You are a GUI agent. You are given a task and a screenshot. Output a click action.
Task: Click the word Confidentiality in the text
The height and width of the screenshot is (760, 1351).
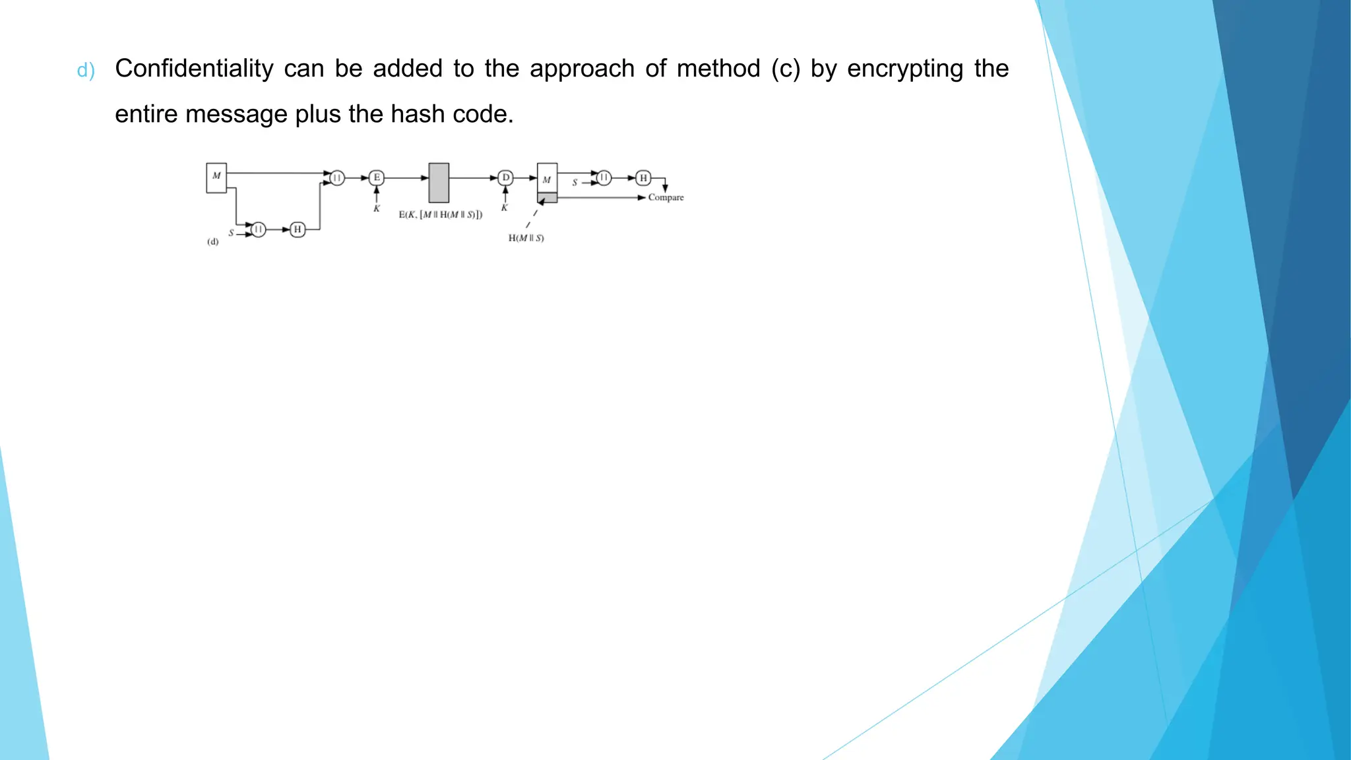click(194, 69)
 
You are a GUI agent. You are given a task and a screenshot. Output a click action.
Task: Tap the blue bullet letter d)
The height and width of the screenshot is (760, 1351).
click(86, 71)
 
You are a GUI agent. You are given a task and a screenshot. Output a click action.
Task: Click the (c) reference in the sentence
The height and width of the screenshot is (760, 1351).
click(786, 69)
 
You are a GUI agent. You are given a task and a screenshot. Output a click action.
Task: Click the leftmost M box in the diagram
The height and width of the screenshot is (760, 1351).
click(216, 177)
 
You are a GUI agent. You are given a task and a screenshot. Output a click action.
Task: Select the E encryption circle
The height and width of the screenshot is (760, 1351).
click(377, 177)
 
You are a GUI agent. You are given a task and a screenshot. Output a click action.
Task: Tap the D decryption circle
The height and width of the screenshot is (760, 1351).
click(506, 177)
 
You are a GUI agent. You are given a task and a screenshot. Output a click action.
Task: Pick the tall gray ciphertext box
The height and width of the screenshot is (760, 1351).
click(439, 183)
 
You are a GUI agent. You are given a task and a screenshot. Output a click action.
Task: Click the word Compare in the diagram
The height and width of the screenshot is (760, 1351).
click(666, 197)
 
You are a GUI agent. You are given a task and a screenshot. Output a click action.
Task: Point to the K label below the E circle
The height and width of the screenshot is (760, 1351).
click(377, 208)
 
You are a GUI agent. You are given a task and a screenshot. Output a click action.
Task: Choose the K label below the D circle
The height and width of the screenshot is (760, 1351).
click(505, 208)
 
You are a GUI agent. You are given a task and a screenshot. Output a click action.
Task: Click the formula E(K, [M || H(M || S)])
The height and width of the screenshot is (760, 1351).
click(441, 214)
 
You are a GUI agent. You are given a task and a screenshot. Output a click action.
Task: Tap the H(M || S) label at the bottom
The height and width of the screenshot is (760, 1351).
click(526, 238)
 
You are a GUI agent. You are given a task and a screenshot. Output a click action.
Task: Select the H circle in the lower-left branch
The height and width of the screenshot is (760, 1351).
click(298, 230)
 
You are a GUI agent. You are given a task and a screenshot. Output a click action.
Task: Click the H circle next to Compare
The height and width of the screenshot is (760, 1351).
click(643, 177)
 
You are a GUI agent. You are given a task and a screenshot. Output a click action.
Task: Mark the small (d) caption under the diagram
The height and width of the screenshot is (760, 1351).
click(213, 242)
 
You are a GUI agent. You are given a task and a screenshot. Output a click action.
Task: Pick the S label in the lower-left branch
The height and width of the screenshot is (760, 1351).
click(231, 233)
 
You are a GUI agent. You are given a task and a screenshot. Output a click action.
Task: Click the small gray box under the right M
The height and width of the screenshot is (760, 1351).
click(548, 198)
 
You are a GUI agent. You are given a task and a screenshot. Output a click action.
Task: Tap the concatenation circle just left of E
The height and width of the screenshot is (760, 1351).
click(337, 177)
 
